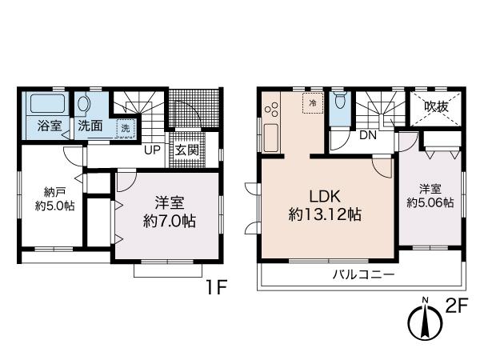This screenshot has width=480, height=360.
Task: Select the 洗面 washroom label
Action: [89, 126]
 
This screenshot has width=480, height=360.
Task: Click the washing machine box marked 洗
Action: [125, 128]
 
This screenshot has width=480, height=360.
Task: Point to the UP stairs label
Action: [152, 149]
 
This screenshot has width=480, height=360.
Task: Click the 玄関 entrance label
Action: [186, 150]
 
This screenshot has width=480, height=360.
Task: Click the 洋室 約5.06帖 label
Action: [430, 196]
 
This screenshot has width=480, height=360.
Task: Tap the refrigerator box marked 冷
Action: [313, 103]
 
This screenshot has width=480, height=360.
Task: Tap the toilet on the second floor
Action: [340, 104]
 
